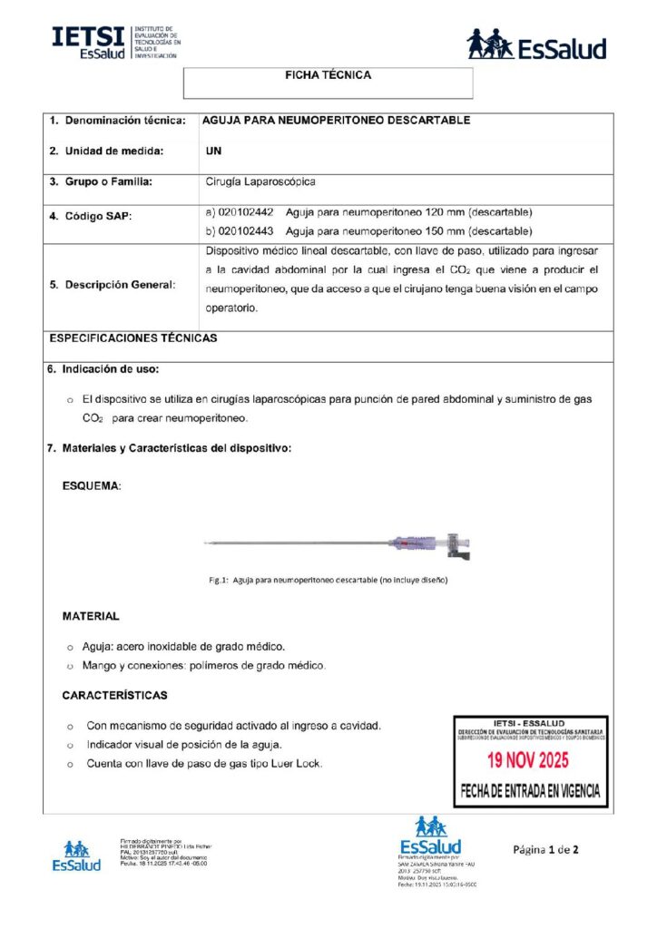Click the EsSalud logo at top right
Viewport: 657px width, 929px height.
pos(536,44)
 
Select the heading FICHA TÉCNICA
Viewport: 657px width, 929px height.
pos(328,75)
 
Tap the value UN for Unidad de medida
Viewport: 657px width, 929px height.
pos(214,151)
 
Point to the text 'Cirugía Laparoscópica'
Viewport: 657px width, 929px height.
pos(260,181)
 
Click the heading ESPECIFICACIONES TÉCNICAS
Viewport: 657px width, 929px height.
pos(133,337)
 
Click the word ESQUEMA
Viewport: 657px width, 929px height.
pos(91,485)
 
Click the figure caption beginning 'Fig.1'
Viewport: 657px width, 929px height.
pos(328,579)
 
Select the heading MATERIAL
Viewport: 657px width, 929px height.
pos(90,616)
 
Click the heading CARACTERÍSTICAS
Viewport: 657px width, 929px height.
pos(114,696)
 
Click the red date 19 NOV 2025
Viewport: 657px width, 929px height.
pos(530,759)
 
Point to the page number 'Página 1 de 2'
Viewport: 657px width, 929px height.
pos(545,850)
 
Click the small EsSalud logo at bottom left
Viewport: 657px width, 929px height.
pos(76,856)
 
